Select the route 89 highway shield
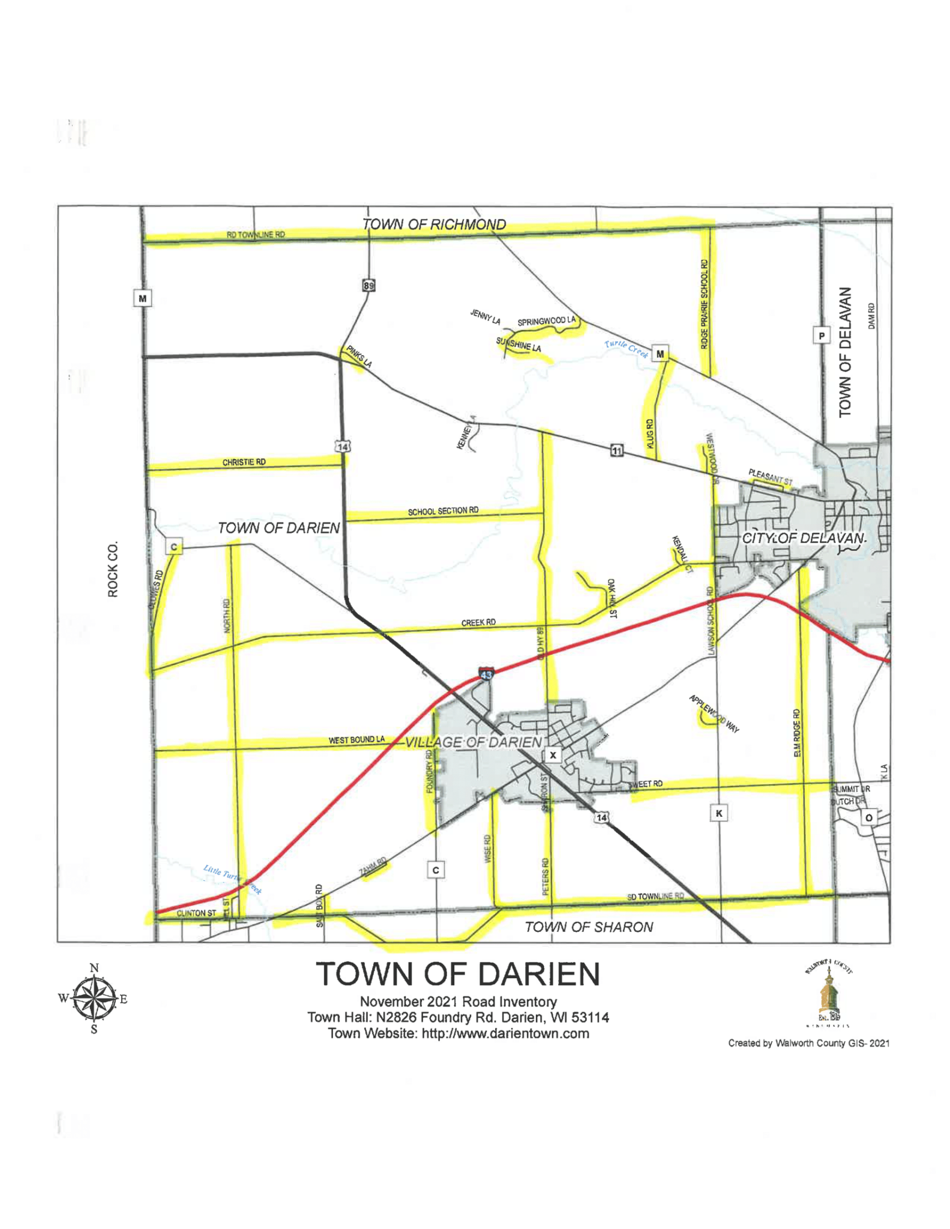(368, 286)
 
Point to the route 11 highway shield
(616, 450)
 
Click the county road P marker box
(821, 335)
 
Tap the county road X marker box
(553, 755)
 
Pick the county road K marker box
(718, 813)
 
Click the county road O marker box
(868, 817)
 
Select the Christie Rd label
(244, 462)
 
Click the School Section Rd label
(443, 511)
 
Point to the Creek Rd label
(478, 622)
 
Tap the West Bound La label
(356, 740)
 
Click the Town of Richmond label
(434, 224)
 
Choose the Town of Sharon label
(589, 927)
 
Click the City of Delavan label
(804, 538)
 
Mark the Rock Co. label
(113, 569)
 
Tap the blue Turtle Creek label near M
(626, 349)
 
